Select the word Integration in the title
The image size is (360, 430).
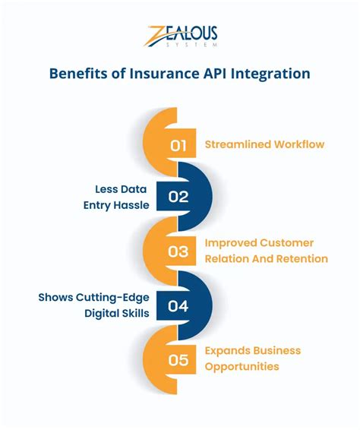[x=273, y=74]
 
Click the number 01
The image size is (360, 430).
[x=178, y=146]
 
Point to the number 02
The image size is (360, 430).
[x=178, y=197]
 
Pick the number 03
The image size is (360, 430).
[x=178, y=251]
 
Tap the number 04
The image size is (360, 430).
[x=178, y=305]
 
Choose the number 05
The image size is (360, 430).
[x=178, y=359]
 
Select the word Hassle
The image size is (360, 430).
[x=131, y=205]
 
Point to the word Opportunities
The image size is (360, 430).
[x=242, y=366]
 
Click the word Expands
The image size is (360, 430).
[x=227, y=350]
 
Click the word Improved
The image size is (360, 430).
[x=231, y=243]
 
